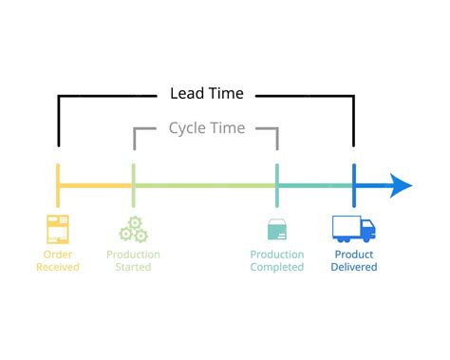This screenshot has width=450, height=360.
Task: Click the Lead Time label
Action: (206, 93)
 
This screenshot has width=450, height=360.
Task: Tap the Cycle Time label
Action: (206, 127)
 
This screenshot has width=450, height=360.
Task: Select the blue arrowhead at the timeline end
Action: (401, 185)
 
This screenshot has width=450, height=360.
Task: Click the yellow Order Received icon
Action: (58, 229)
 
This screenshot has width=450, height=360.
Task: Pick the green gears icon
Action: (132, 230)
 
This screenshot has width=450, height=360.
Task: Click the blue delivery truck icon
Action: (353, 229)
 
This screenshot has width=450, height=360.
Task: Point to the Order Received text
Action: (58, 260)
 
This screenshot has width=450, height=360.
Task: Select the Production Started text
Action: (133, 260)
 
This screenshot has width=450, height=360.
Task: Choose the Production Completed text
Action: (277, 260)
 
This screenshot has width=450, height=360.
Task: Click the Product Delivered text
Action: (353, 260)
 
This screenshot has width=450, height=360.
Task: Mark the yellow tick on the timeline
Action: (58, 185)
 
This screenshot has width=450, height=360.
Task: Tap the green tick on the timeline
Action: (133, 185)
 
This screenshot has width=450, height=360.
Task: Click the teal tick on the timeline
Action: (277, 185)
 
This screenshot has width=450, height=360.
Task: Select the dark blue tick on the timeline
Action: (354, 185)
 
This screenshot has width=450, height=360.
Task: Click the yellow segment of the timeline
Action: (95, 185)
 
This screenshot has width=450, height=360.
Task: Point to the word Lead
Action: (186, 93)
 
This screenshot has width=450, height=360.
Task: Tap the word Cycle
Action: (187, 127)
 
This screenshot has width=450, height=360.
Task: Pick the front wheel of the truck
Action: (367, 238)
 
